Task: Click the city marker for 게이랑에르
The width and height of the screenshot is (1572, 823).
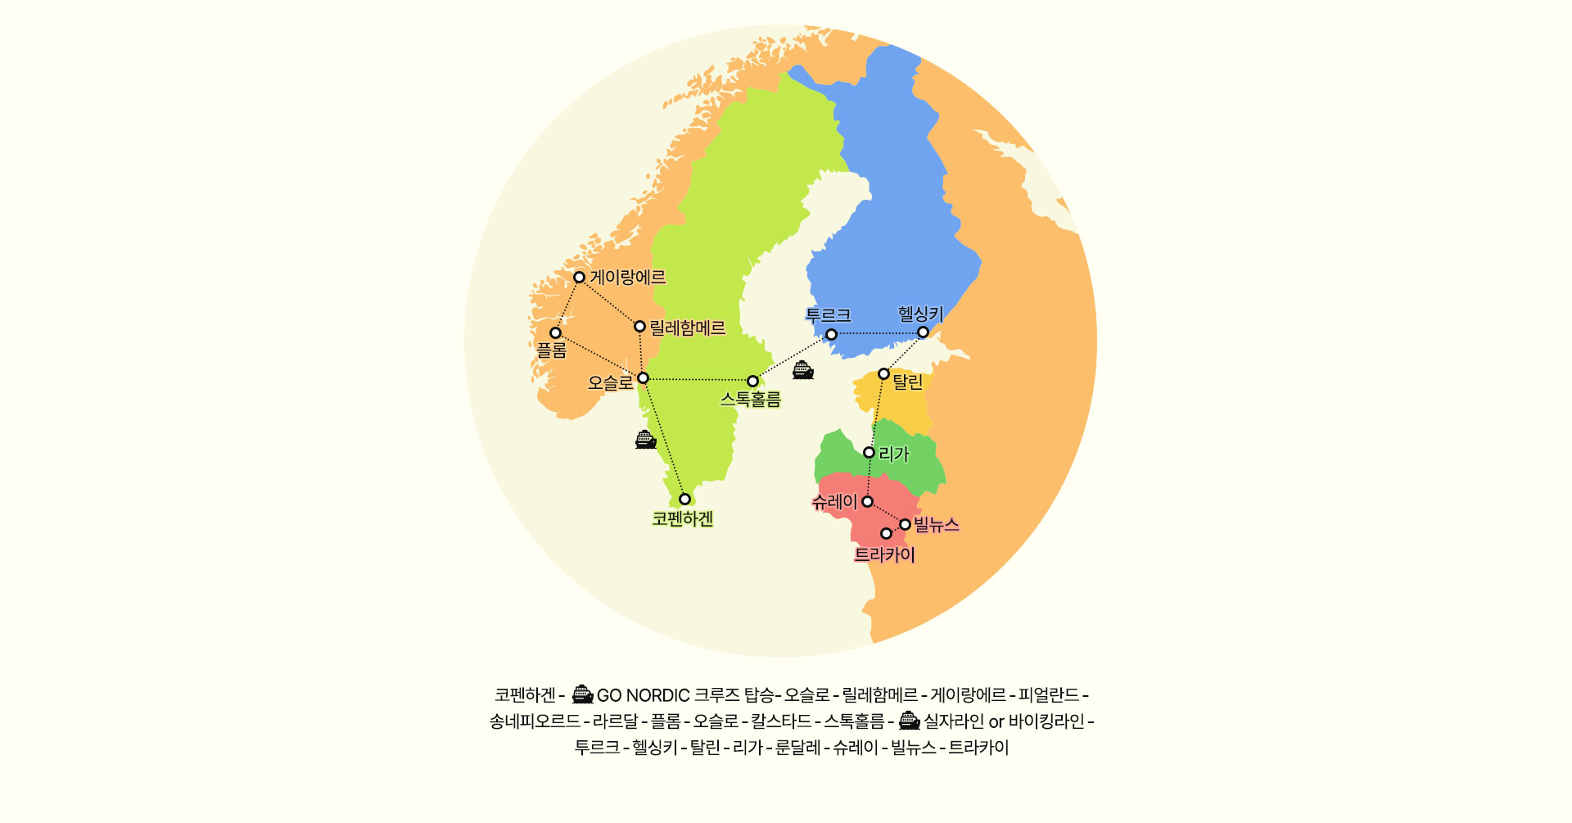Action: click(x=579, y=277)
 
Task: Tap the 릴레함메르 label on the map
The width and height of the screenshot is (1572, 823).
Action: click(x=687, y=328)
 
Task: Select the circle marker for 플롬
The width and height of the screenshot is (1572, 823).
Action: click(x=555, y=332)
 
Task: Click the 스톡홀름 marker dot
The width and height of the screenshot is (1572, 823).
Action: click(x=752, y=381)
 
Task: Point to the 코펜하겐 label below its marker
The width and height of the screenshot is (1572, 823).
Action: click(x=683, y=519)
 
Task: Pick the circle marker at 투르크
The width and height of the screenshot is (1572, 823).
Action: click(x=831, y=334)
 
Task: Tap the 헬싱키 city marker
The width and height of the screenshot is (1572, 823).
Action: click(x=923, y=332)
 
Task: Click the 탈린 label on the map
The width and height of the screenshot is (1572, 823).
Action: click(x=907, y=382)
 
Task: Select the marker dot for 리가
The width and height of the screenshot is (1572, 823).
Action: click(x=869, y=452)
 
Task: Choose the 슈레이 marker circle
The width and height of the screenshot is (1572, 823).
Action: click(x=867, y=501)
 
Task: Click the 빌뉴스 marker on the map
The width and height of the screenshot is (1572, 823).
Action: click(x=905, y=524)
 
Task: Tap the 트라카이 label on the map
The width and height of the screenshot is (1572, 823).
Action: click(x=884, y=555)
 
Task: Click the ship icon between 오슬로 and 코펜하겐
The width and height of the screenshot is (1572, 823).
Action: click(x=646, y=440)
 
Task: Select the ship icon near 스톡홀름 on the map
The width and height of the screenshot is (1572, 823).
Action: click(x=803, y=370)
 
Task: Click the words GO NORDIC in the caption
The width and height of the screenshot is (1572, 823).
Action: click(x=643, y=696)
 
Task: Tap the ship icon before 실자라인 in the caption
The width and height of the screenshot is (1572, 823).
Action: click(x=909, y=721)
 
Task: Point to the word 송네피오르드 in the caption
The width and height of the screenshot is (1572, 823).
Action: click(x=535, y=721)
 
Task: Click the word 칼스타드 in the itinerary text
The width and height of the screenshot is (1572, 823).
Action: click(x=781, y=721)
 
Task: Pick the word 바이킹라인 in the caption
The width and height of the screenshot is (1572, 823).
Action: click(x=1046, y=721)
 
